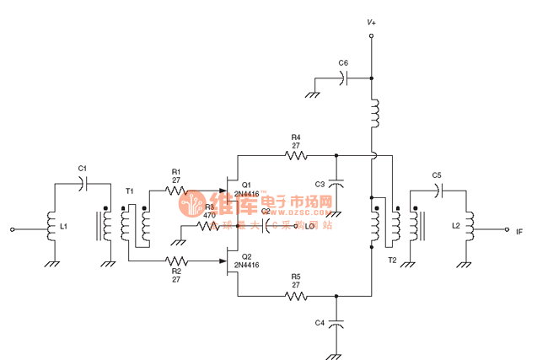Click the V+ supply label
[x=371, y=22]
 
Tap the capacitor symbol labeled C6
[x=343, y=78]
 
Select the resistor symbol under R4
[x=296, y=155]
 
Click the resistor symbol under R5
[x=296, y=296]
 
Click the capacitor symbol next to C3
[x=336, y=184]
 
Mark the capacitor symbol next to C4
[x=336, y=324]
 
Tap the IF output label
[x=519, y=229]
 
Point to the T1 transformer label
[x=129, y=191]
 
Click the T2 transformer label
[x=391, y=261]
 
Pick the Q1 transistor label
[x=246, y=185]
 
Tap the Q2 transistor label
[x=246, y=256]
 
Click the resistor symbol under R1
[x=176, y=191]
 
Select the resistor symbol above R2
[x=176, y=261]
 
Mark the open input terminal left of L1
[x=13, y=228]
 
